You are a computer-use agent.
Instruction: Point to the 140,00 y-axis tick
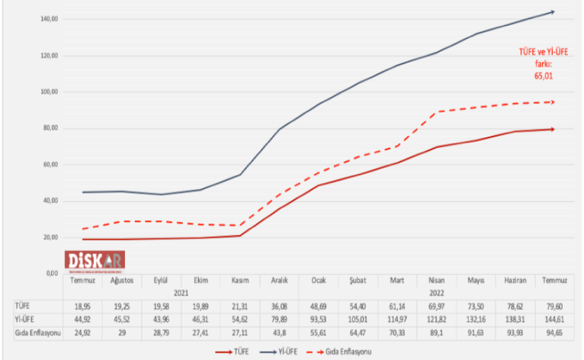click(x=50, y=19)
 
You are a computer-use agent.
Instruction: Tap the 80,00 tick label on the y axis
click(x=50, y=128)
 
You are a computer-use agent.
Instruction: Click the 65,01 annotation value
click(x=544, y=76)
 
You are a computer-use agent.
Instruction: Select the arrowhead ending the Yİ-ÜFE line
click(x=551, y=11)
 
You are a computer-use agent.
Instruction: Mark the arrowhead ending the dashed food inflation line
click(x=551, y=101)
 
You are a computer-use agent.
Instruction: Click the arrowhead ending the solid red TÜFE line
click(x=551, y=129)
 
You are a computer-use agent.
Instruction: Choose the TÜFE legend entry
click(x=235, y=352)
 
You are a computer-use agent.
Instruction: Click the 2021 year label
click(x=181, y=291)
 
